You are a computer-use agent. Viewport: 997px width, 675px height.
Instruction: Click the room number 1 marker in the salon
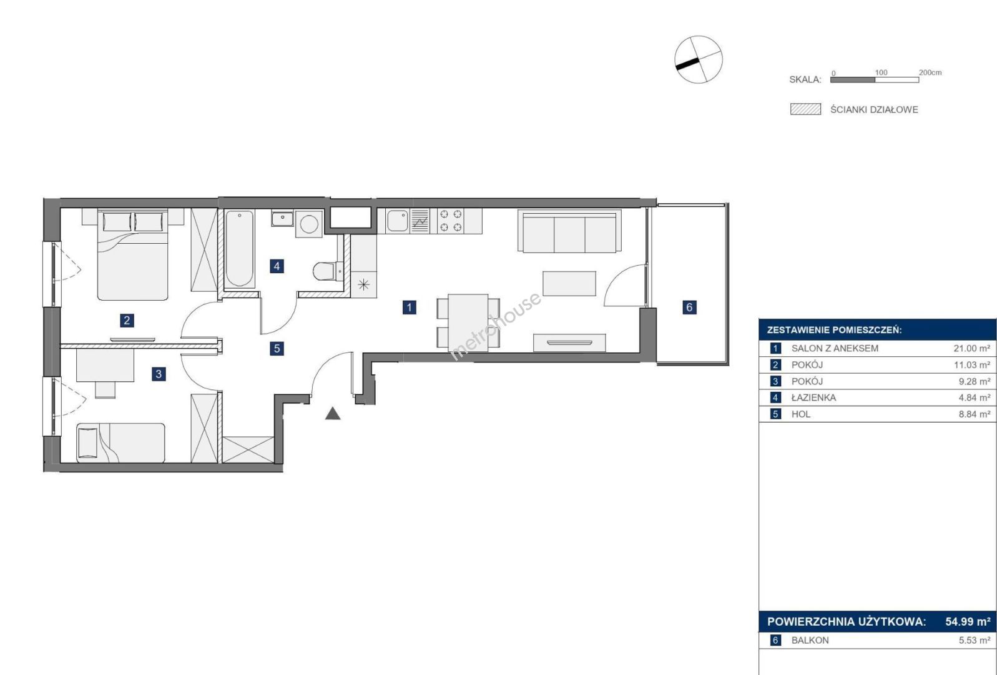tap(409, 307)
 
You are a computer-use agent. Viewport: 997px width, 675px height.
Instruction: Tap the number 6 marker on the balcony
tap(689, 307)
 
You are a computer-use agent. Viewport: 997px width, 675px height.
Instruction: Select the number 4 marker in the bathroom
tap(277, 266)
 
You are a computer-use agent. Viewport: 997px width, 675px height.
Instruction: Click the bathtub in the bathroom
tap(240, 249)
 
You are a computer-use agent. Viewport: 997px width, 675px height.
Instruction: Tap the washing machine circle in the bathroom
tap(309, 224)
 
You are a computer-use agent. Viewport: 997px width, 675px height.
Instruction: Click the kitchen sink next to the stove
tap(398, 221)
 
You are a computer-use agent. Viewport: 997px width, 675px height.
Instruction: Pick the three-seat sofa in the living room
tap(570, 231)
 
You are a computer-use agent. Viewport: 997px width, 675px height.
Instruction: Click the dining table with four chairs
tap(468, 322)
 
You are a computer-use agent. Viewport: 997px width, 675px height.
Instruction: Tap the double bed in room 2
tap(132, 254)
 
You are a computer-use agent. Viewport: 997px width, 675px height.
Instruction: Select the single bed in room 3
tap(120, 443)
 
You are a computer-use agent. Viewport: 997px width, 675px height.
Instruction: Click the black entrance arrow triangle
tap(333, 414)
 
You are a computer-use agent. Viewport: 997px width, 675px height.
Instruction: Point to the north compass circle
tap(699, 59)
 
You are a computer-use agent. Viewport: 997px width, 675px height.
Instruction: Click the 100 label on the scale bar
tap(881, 72)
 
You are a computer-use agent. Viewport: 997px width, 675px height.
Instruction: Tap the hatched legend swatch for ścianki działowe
tap(805, 109)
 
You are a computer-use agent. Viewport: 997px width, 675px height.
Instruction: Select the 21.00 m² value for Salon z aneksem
tap(971, 348)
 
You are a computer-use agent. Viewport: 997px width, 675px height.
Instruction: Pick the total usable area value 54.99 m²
tap(968, 621)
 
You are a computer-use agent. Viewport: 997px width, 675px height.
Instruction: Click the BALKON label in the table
tap(810, 640)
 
